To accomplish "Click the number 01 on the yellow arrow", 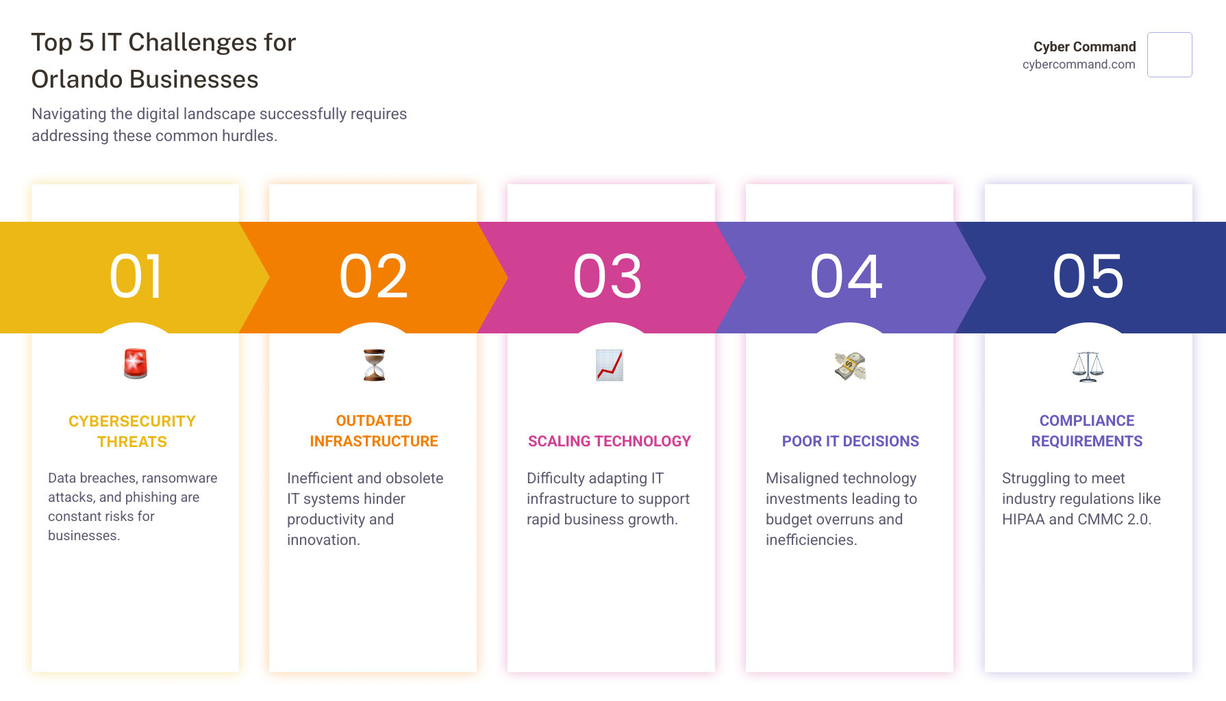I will pos(136,277).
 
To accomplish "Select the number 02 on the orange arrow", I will pos(373,277).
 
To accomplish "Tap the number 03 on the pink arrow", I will pos(608,277).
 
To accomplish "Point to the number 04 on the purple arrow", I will pos(847,277).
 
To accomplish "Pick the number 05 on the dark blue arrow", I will pos(1088,277).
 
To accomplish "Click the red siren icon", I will pos(136,364).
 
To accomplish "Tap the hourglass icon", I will pos(374,365).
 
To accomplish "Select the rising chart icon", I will pos(609,365).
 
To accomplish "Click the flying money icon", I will pos(850,366).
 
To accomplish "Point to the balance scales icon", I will pos(1088,366).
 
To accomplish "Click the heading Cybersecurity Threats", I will pos(132,431).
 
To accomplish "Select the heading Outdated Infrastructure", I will pos(373,431).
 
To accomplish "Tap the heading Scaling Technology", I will pos(609,442).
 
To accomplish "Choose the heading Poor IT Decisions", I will pos(850,442).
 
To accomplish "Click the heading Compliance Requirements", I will pos(1086,431).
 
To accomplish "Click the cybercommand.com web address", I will pos(1078,64).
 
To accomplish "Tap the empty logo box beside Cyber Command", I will pos(1169,55).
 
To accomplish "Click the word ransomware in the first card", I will pos(179,478).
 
